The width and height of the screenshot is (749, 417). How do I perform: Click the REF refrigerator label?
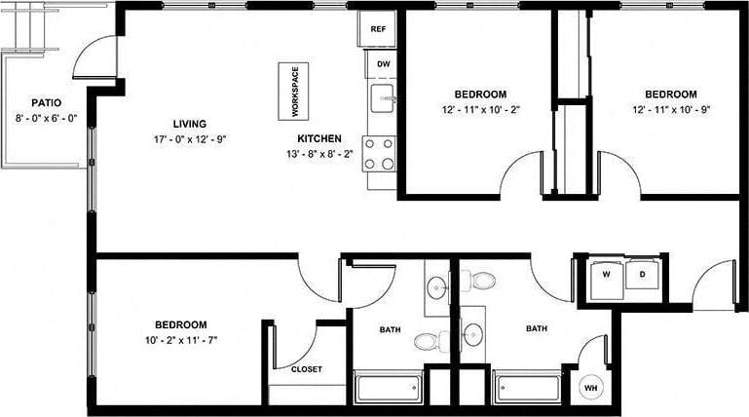(x=379, y=29)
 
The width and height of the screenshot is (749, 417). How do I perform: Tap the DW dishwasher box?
(x=383, y=64)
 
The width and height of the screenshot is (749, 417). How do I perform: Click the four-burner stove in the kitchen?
(x=379, y=153)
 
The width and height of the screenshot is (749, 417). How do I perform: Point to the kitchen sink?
(x=382, y=97)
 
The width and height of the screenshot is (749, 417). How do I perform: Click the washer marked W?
(x=607, y=276)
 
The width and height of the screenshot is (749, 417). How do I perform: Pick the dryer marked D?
(x=643, y=276)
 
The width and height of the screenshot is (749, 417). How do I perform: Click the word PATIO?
(x=47, y=102)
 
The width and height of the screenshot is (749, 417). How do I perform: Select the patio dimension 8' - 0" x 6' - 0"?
(x=46, y=118)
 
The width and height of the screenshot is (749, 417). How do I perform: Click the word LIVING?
(x=189, y=124)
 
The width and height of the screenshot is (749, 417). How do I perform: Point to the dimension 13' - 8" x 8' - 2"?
(x=318, y=153)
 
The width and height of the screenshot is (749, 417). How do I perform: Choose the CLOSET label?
(x=306, y=369)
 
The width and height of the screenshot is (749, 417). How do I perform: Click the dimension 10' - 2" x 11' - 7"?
(x=181, y=340)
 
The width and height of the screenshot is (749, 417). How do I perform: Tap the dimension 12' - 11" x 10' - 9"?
(x=671, y=110)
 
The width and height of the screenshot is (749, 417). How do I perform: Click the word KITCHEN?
(x=318, y=138)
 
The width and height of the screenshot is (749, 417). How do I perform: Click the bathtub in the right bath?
(x=528, y=388)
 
